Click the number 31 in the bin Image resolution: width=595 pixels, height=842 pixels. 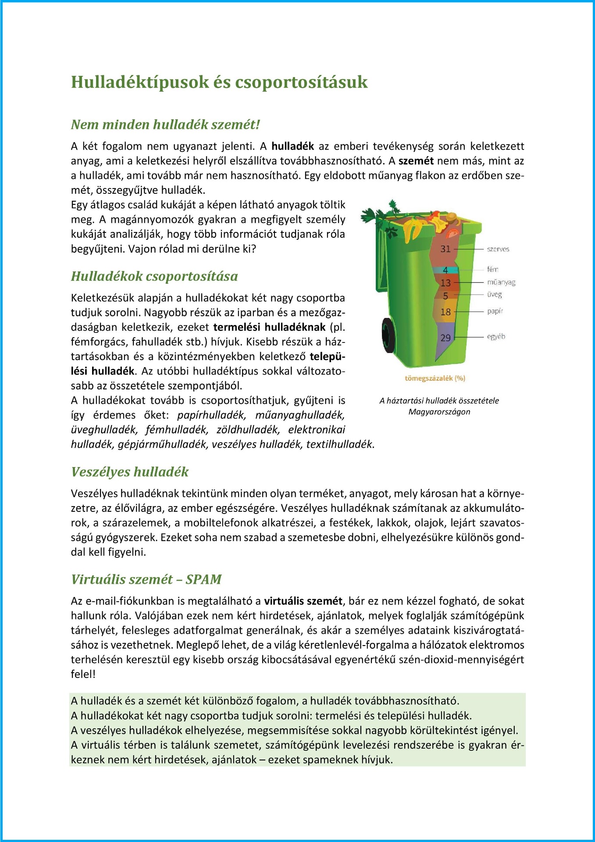445,249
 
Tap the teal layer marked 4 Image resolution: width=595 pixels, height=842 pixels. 445,270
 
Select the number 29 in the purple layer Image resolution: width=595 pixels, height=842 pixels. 445,338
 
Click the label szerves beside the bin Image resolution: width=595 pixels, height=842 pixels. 498,249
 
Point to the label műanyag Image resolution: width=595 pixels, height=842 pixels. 501,282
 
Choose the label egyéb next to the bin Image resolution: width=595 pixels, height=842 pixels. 496,336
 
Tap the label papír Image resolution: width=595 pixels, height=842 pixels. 495,311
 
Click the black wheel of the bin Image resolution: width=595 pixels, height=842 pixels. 389,335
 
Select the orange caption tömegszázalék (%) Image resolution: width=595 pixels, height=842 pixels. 435,378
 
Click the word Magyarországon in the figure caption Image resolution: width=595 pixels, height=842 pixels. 439,412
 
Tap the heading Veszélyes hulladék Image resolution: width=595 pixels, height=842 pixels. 130,472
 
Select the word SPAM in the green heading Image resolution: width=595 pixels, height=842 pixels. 203,579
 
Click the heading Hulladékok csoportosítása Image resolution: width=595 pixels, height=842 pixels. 154,276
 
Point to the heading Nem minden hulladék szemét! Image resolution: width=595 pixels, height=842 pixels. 165,125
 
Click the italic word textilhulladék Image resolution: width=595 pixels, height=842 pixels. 340,444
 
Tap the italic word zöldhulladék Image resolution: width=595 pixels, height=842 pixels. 248,429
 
